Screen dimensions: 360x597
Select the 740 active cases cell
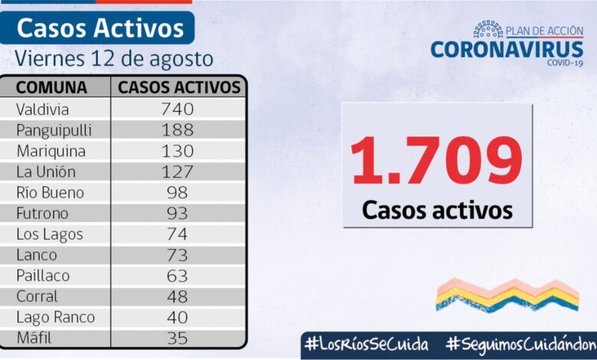coord(178,109)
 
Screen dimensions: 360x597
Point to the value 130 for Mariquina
coord(178,151)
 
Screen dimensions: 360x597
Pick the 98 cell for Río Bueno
coord(178,192)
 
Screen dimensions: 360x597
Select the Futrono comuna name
coord(41,213)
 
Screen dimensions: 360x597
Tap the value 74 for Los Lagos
coord(178,234)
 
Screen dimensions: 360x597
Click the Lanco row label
coord(36,255)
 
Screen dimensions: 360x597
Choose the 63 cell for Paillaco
coord(178,276)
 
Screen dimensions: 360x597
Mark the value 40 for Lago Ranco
coord(178,317)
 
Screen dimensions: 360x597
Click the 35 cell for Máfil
coord(178,337)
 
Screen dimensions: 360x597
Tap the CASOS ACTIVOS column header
coord(179,87)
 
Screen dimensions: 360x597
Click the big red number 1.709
coord(436,160)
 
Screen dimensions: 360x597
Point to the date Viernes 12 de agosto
coord(114,58)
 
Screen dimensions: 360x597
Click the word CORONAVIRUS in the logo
coord(507,49)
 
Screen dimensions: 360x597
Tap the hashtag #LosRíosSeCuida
coord(366,344)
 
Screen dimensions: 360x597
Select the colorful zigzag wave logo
coord(507,295)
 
